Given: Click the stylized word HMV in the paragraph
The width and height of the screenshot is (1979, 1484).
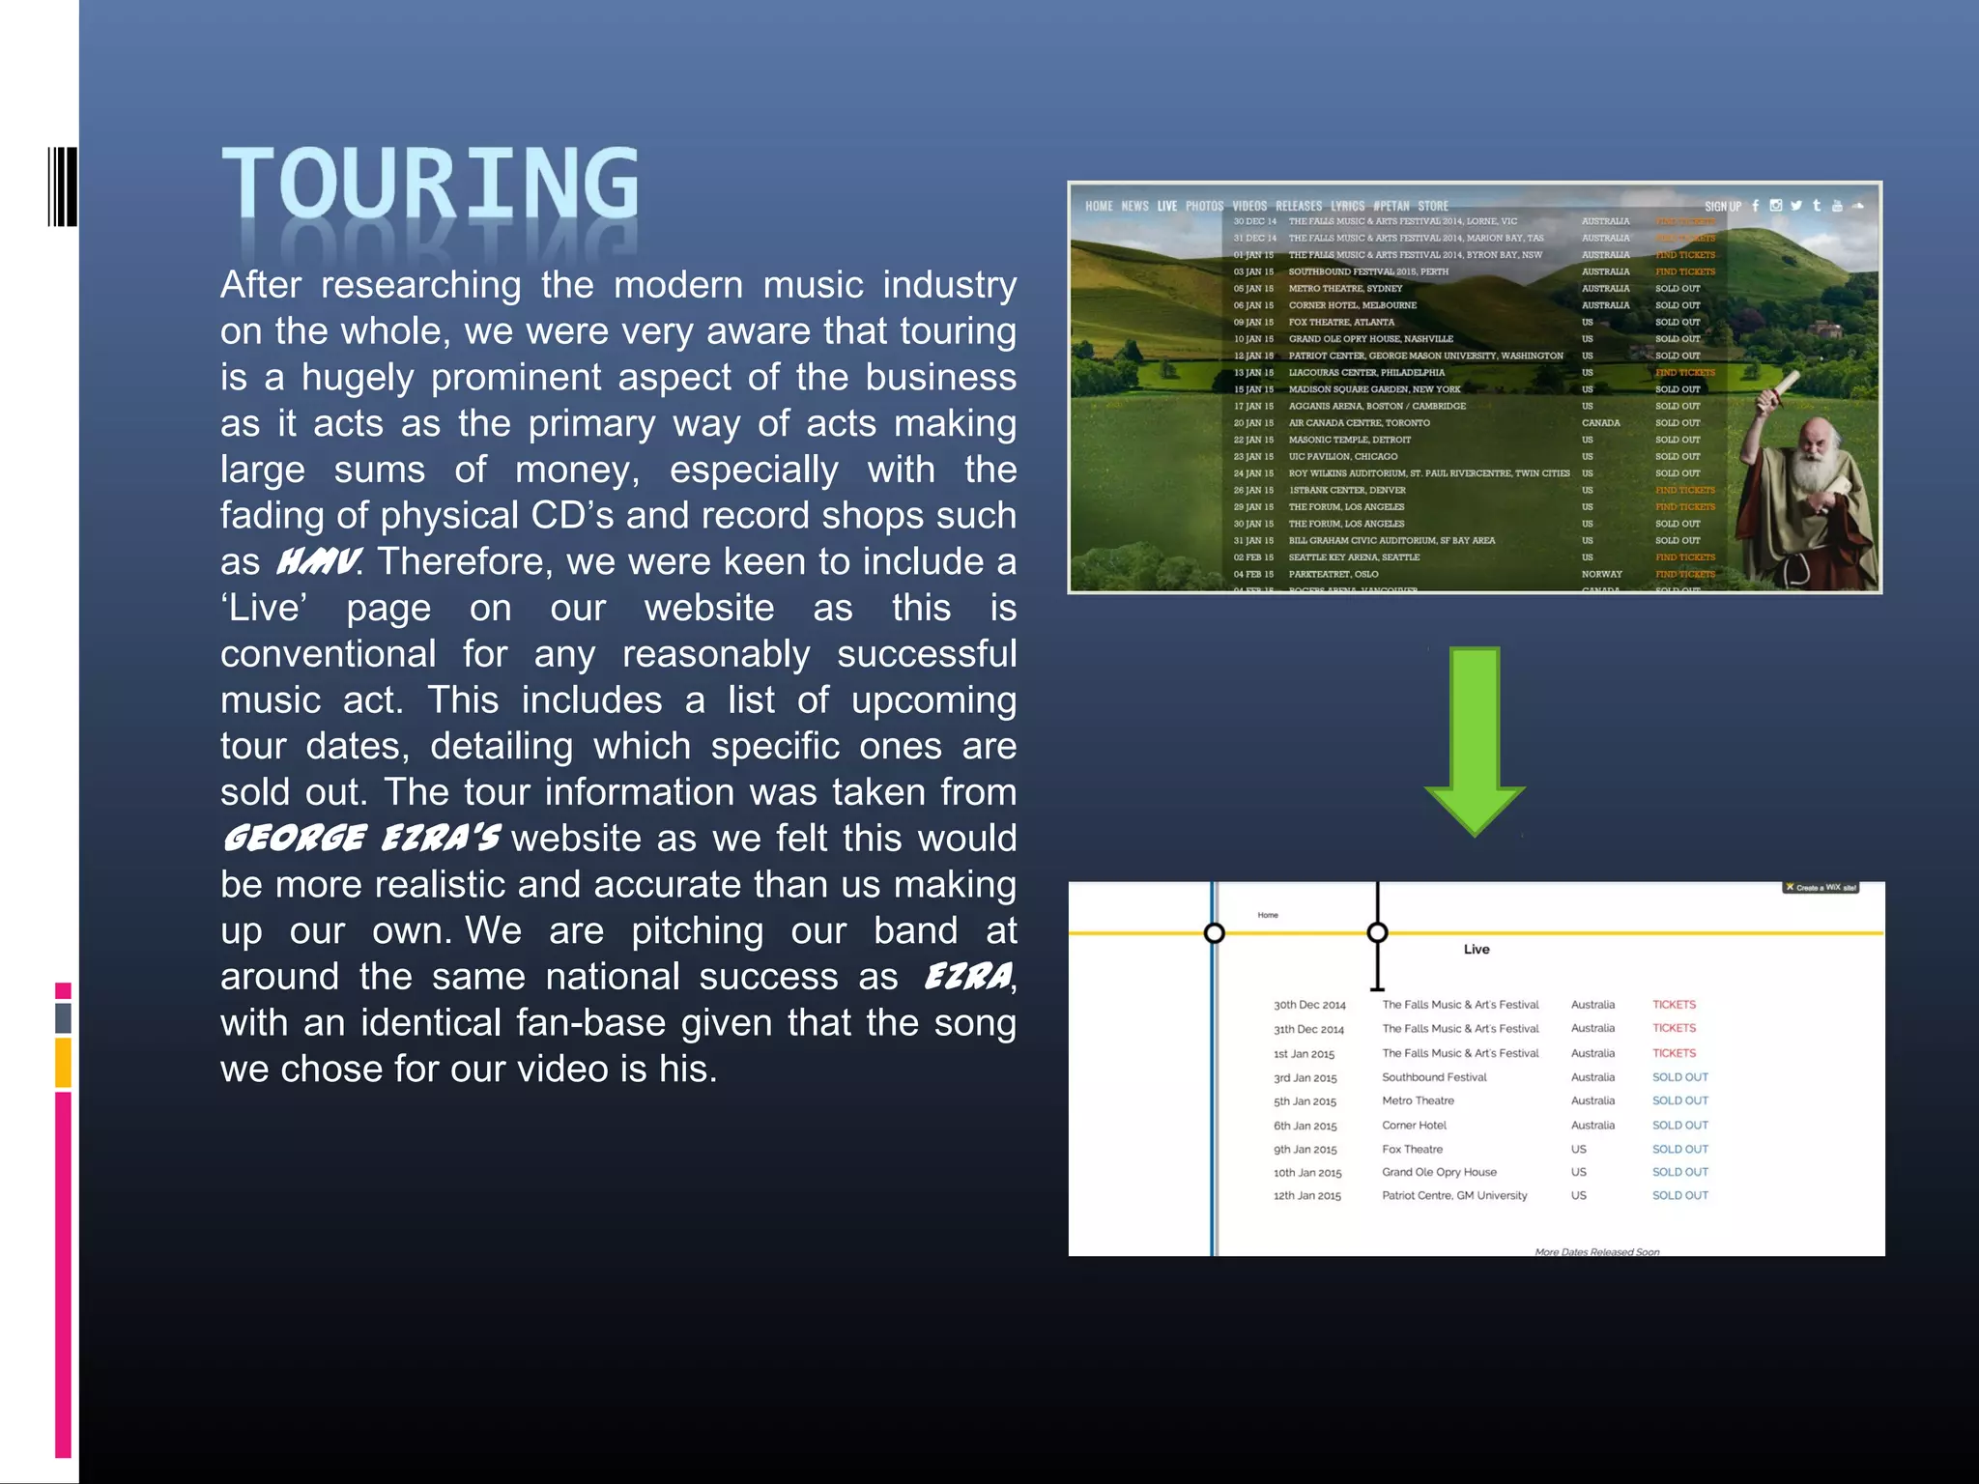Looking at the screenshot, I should click(318, 561).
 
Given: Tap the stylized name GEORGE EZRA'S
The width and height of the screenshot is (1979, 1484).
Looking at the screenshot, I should click(361, 838).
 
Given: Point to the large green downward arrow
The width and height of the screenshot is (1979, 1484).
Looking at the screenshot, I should click(1474, 739).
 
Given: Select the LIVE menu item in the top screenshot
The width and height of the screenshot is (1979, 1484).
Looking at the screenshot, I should click(1166, 206).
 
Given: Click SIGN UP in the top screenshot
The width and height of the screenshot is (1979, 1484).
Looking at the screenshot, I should click(1722, 206).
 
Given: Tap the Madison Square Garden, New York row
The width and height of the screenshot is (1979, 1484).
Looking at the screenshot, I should click(1374, 389).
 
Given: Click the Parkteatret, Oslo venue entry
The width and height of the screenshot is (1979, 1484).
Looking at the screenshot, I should click(1333, 574).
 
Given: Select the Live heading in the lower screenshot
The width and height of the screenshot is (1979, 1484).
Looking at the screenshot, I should click(1476, 949).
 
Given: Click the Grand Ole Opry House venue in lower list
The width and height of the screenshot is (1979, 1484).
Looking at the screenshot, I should click(1439, 1172).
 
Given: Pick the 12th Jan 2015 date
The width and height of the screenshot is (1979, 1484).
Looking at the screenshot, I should click(1306, 1196).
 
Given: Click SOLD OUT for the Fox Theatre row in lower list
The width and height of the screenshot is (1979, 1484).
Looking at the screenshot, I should click(1679, 1149).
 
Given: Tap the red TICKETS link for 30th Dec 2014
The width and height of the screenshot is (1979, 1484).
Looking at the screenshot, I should click(1674, 1005).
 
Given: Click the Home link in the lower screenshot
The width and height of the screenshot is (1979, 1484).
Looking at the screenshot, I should click(1268, 915).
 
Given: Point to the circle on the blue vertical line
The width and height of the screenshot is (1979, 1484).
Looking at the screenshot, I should click(1214, 932).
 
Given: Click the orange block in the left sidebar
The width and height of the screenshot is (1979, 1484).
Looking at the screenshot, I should click(63, 1062).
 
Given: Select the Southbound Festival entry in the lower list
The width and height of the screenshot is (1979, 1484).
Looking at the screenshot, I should click(1434, 1077).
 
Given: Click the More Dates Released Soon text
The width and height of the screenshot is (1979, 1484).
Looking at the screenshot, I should click(1596, 1252).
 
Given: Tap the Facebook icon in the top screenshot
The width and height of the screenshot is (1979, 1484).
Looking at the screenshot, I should click(1756, 206).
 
